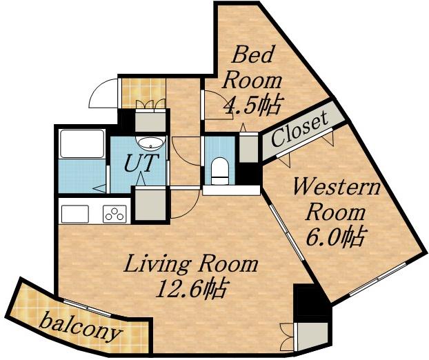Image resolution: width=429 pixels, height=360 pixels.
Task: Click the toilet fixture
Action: click(220, 171)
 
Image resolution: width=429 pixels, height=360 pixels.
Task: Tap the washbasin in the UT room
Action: click(150, 143)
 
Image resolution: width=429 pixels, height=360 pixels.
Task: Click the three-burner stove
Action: click(115, 214)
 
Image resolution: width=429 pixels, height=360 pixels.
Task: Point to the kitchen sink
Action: click(75, 214)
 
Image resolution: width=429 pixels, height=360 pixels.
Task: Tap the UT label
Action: click(141, 163)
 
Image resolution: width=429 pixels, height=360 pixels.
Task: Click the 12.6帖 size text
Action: click(192, 289)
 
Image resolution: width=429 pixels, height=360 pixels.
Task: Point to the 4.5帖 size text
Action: click(252, 106)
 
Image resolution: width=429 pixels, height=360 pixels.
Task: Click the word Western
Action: click(337, 188)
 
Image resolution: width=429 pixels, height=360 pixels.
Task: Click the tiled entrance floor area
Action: click(143, 93)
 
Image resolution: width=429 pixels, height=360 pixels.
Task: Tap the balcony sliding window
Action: click(88, 308)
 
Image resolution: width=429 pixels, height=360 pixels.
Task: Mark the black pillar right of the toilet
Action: click(248, 174)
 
